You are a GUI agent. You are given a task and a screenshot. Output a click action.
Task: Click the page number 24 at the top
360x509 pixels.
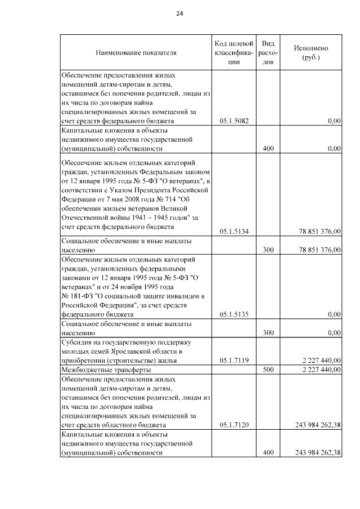pos(179,13)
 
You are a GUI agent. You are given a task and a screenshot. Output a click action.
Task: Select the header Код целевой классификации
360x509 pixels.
pos(233,52)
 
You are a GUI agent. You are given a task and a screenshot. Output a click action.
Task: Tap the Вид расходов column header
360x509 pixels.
pos(268,52)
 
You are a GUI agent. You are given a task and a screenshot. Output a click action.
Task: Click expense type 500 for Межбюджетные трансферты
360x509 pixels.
pos(268,370)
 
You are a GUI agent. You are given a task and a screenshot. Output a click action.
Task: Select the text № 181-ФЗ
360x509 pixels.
pos(79,296)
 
